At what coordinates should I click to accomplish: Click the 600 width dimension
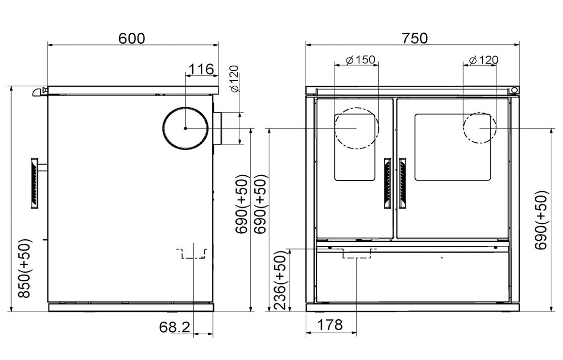(x=132, y=38)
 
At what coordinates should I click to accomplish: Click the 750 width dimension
(x=415, y=38)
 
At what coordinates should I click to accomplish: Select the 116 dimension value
(x=201, y=69)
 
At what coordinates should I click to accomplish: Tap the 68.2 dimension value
(x=175, y=327)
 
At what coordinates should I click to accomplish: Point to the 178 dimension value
(x=330, y=325)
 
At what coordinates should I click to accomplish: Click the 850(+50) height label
(x=25, y=268)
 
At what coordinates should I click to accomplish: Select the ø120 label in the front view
(x=484, y=60)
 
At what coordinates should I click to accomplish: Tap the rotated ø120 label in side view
(x=235, y=79)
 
